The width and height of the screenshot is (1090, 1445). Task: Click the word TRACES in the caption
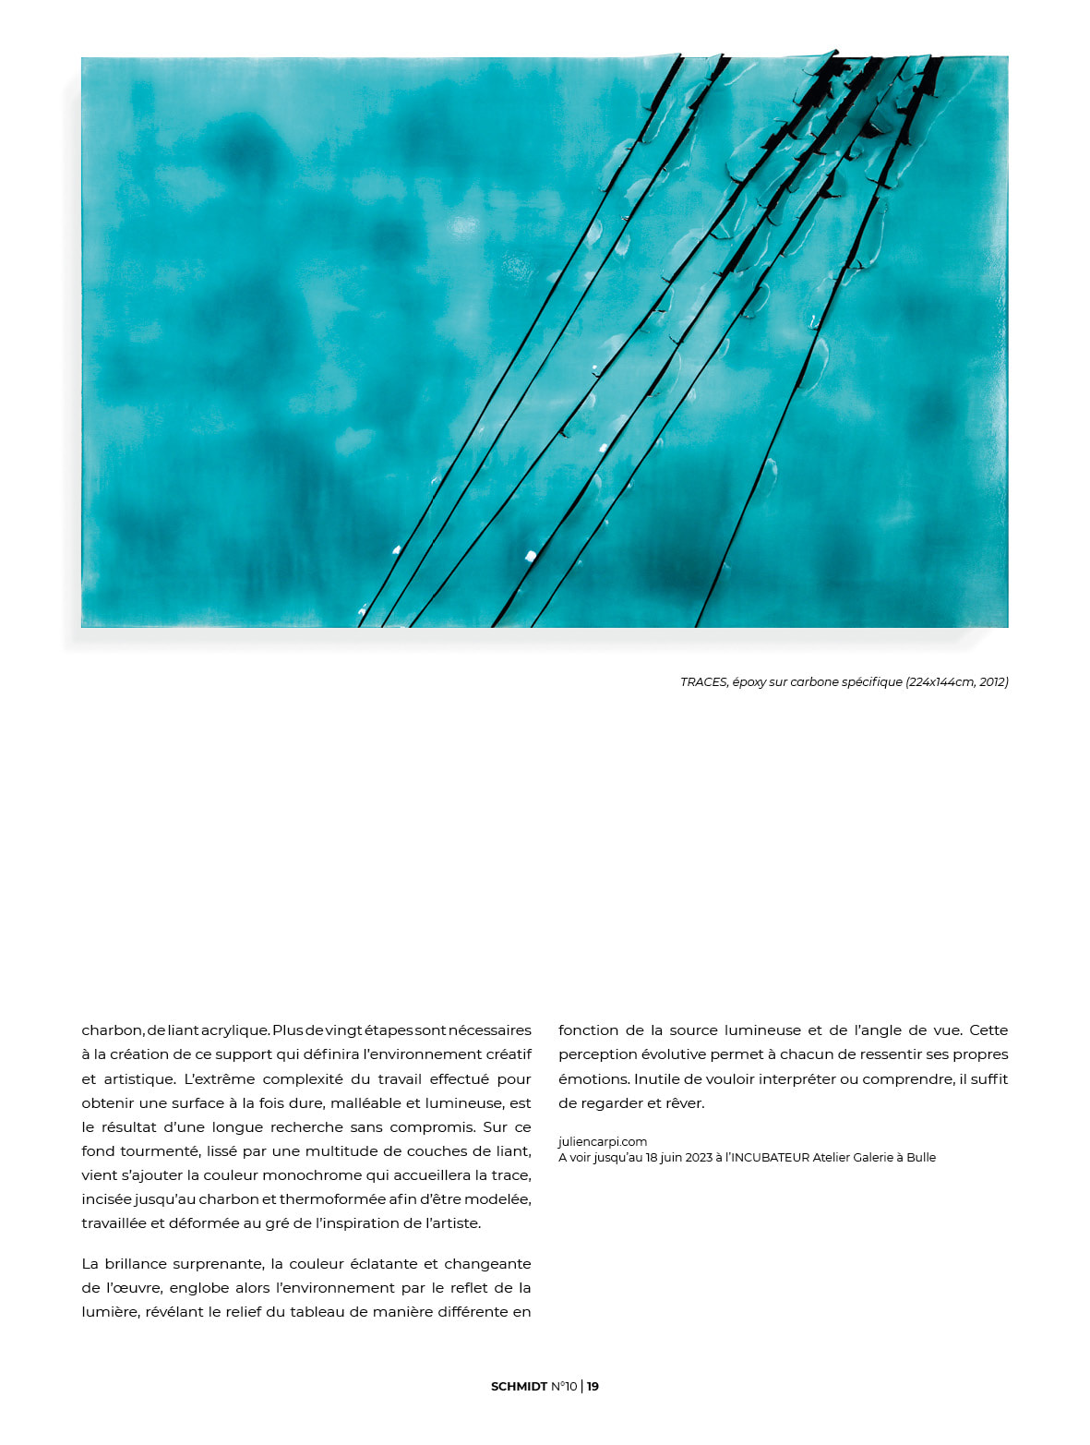[703, 682]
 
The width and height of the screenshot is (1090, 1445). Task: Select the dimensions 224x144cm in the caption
[940, 682]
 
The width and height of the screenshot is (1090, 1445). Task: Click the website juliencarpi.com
[603, 1142]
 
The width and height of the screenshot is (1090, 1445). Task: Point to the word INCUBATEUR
[771, 1158]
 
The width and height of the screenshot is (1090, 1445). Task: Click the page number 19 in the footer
[593, 1387]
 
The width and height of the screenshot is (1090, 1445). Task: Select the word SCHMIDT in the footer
[519, 1387]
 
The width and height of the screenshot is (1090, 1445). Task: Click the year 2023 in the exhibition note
[699, 1158]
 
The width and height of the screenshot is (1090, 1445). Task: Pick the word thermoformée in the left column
[331, 1199]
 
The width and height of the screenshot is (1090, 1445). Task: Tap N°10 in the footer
[564, 1387]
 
